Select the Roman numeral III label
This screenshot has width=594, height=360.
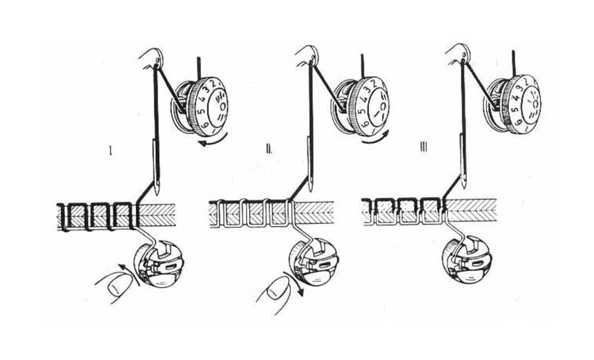(423, 149)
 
